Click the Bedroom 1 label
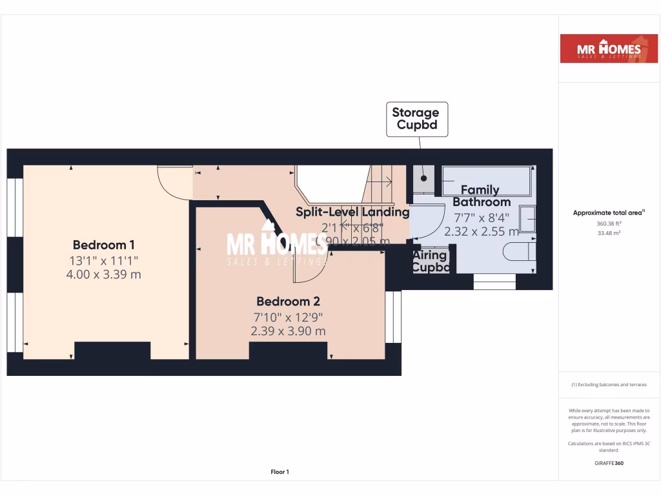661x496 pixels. pyautogui.click(x=103, y=245)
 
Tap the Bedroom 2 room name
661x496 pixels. pyautogui.click(x=288, y=301)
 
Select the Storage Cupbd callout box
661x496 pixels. pyautogui.click(x=417, y=119)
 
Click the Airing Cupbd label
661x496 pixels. pyautogui.click(x=430, y=261)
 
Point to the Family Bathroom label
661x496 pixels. pyautogui.click(x=481, y=196)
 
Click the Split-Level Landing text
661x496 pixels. pyautogui.click(x=352, y=212)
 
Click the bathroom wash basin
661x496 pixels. pyautogui.click(x=527, y=220)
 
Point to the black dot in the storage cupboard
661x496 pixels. pyautogui.click(x=424, y=178)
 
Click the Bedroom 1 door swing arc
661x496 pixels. pyautogui.click(x=175, y=183)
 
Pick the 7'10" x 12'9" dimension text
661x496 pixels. pyautogui.click(x=288, y=316)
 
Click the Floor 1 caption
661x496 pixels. pyautogui.click(x=280, y=472)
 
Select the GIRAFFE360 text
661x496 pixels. pyautogui.click(x=609, y=463)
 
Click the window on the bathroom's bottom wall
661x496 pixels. pyautogui.click(x=494, y=282)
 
